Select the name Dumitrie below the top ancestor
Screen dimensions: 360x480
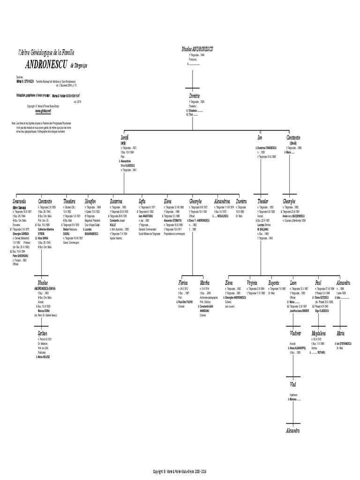(195, 96)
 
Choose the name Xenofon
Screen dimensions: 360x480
(91, 201)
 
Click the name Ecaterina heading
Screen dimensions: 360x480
(116, 201)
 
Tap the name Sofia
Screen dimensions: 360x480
(142, 201)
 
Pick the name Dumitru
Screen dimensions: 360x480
(241, 201)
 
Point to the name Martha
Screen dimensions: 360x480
(205, 283)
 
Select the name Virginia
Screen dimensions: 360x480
(253, 283)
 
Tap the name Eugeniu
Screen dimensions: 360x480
(274, 283)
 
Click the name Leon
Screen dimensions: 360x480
(293, 283)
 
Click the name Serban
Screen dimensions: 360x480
(43, 333)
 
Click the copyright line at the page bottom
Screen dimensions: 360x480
(180, 471)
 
